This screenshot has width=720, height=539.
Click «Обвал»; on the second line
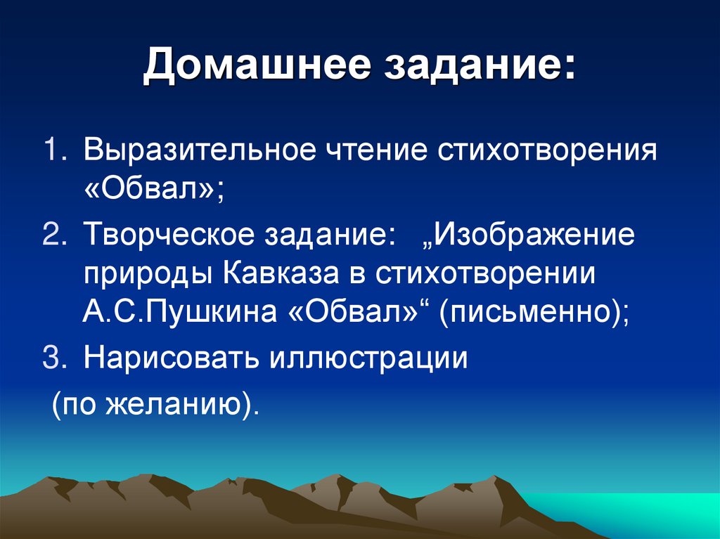pyautogui.click(x=153, y=190)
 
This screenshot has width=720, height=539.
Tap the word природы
pyautogui.click(x=149, y=275)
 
